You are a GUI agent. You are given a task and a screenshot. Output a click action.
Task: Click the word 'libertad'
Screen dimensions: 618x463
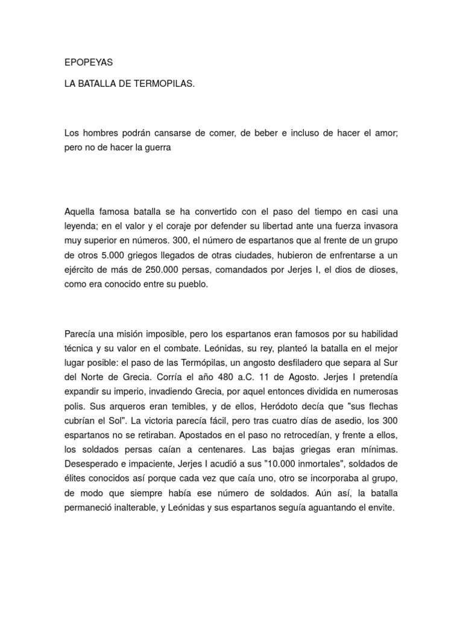(250, 226)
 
